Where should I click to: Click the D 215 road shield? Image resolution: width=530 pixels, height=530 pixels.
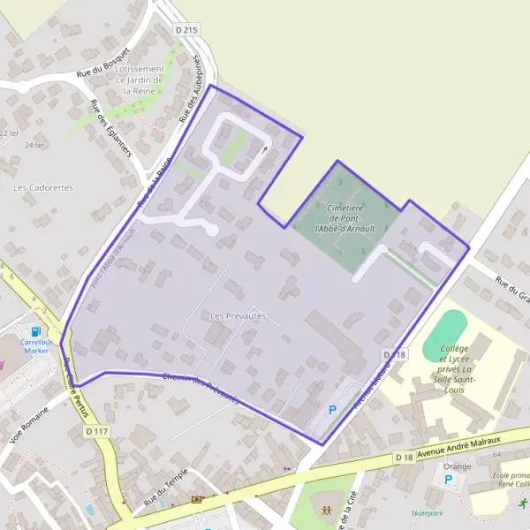[187, 30]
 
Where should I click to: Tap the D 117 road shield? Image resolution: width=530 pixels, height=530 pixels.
[98, 431]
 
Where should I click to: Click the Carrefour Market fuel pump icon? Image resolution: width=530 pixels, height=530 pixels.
[36, 319]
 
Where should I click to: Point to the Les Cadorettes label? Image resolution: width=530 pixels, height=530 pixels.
[43, 187]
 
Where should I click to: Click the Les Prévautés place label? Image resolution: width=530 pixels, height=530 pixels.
[238, 315]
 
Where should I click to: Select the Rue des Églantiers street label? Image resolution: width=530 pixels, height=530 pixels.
[111, 128]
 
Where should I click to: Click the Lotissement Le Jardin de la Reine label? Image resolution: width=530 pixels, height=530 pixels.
[140, 79]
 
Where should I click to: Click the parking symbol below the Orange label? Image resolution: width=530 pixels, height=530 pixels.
[448, 480]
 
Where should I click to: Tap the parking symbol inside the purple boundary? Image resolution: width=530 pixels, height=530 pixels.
[332, 409]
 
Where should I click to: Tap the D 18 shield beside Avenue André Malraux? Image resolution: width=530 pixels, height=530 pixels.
[405, 457]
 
